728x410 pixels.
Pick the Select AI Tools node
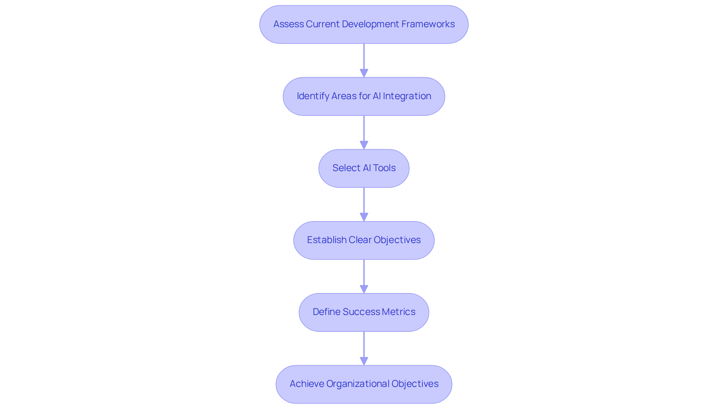[364, 168]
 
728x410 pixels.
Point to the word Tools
[384, 168]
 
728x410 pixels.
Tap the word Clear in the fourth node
[360, 240]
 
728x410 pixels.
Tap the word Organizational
[358, 384]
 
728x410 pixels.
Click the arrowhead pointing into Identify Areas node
[364, 73]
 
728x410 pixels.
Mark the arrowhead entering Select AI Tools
[364, 145]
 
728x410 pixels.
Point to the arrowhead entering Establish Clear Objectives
[364, 217]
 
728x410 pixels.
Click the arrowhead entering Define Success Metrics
[364, 289]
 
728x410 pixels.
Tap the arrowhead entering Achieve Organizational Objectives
[364, 361]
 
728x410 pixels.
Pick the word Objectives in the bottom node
[415, 384]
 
